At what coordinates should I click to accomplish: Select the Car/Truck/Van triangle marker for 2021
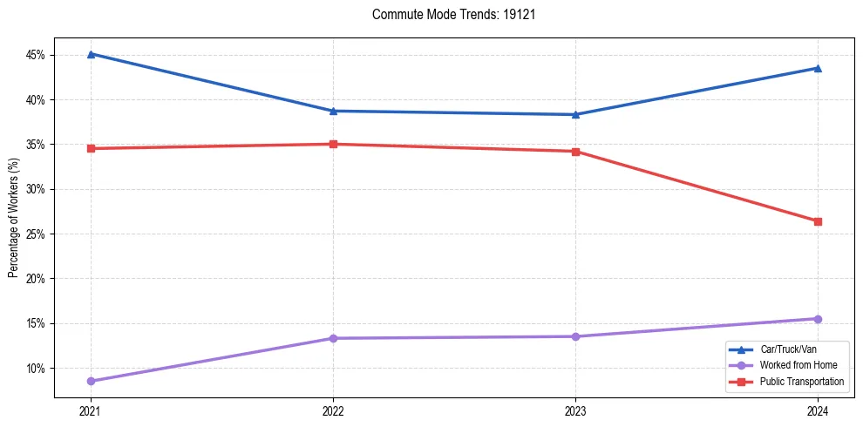point(91,54)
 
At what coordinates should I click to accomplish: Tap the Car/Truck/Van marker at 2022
point(333,111)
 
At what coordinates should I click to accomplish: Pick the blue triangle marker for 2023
point(575,114)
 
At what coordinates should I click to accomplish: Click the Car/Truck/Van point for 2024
point(818,68)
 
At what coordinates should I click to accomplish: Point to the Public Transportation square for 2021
point(91,148)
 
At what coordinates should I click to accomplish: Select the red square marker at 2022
point(333,144)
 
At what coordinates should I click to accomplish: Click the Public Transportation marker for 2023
point(575,152)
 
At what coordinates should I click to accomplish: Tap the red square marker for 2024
point(818,221)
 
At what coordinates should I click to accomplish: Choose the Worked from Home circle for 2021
point(91,381)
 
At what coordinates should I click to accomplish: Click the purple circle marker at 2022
point(333,338)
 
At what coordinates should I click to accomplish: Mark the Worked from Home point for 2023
point(575,336)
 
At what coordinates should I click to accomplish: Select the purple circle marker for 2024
point(818,319)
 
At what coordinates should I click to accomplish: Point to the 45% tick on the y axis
point(37,55)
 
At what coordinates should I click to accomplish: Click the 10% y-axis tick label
point(37,369)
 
